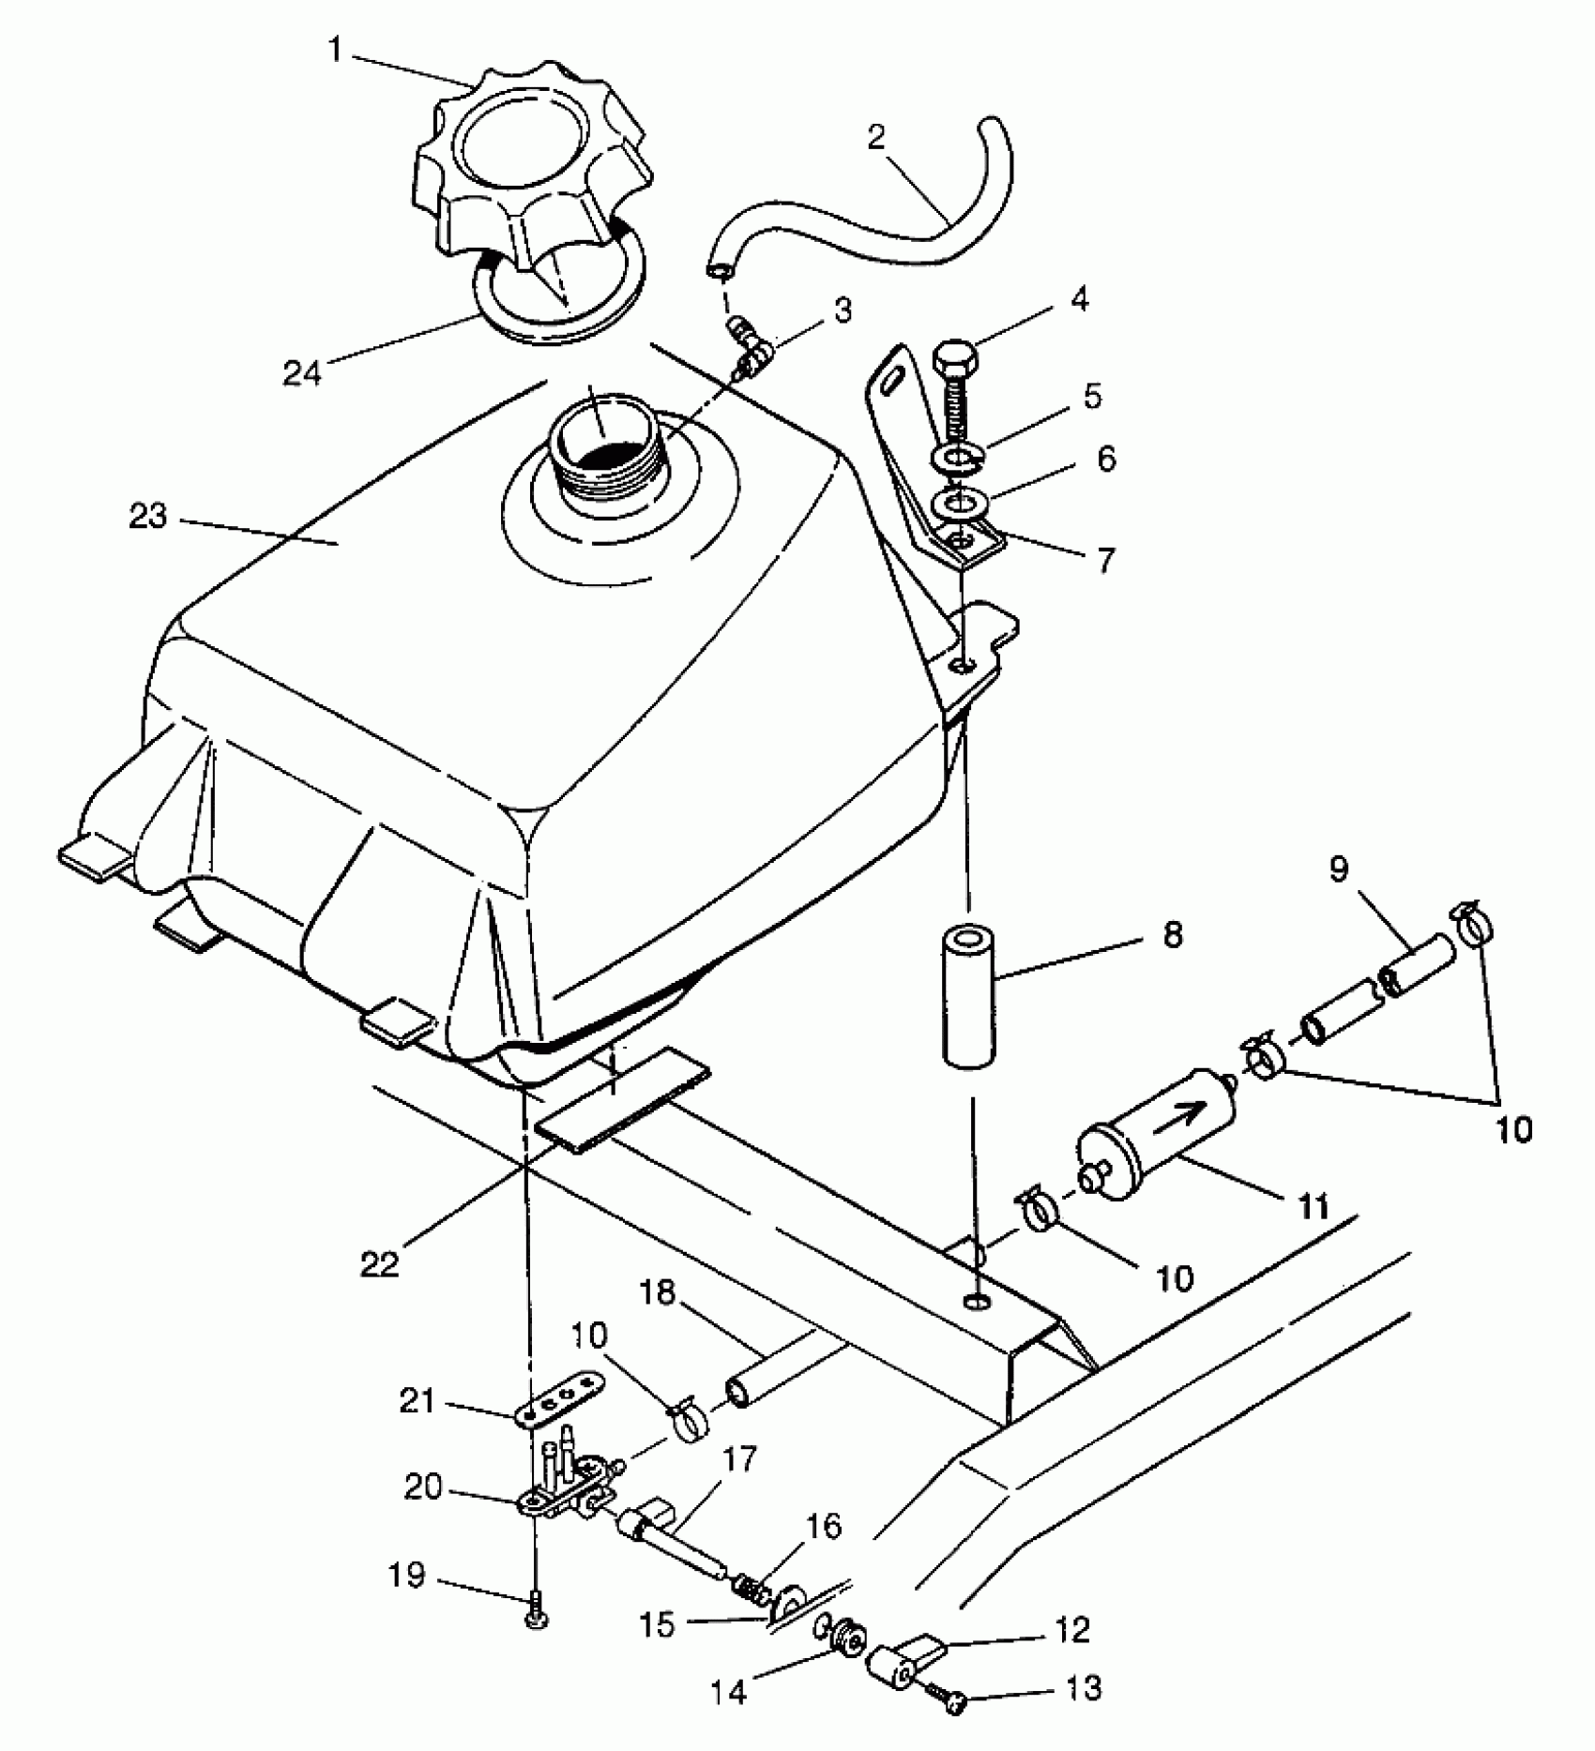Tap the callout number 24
click(x=302, y=372)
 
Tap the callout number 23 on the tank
click(x=147, y=517)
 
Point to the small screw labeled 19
click(x=537, y=1617)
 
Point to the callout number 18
click(x=656, y=1293)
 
